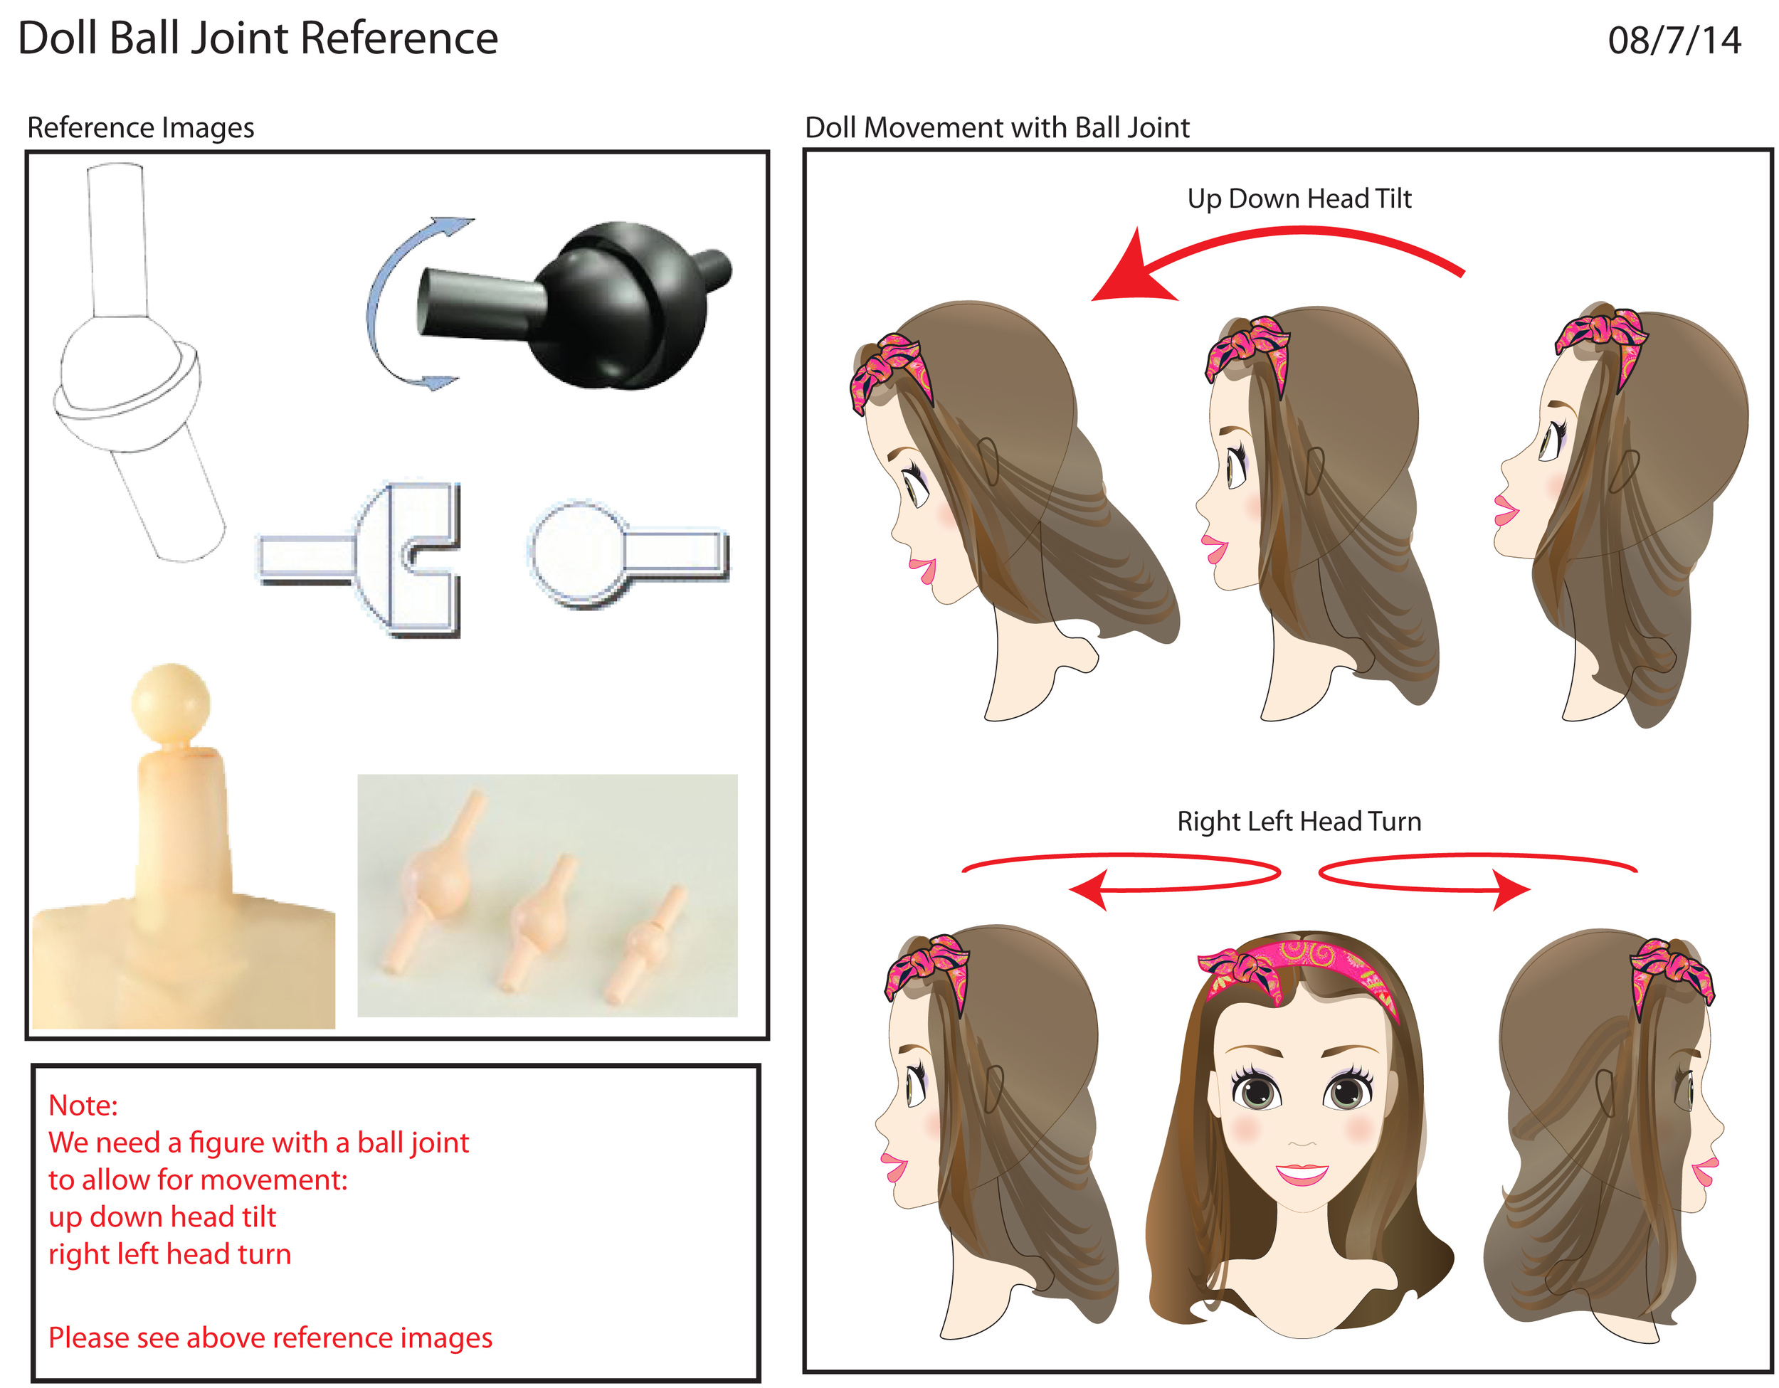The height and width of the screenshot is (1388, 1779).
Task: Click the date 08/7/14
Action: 1673,41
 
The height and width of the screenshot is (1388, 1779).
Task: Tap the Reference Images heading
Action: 140,128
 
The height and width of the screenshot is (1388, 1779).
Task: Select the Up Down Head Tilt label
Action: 1299,198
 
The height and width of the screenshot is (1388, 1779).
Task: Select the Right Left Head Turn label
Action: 1299,821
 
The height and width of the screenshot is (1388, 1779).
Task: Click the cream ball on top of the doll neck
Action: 170,702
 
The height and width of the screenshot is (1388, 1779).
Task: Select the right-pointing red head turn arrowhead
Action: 1511,889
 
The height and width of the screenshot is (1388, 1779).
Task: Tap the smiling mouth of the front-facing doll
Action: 1302,1174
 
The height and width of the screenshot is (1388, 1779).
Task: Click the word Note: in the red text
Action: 83,1106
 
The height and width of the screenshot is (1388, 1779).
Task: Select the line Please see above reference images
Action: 270,1337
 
